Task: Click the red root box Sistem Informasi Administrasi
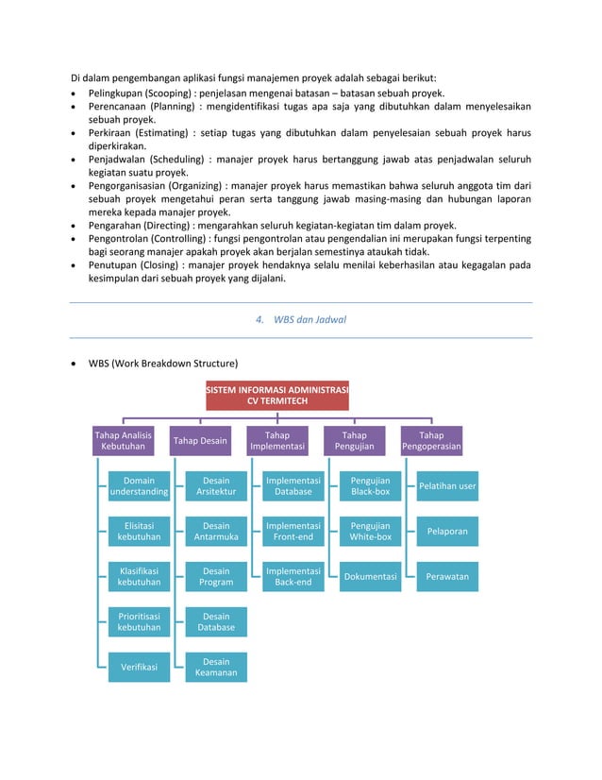pos(277,395)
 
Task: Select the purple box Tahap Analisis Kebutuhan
pos(124,440)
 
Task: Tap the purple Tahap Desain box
pos(200,440)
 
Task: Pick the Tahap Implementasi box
pos(277,440)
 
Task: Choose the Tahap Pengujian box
pos(354,440)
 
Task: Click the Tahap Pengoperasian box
pos(431,440)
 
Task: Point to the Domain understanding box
pos(139,485)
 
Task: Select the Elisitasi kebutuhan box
pos(139,531)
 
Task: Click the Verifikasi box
pos(139,667)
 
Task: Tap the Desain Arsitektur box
pos(216,485)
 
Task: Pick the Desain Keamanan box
pos(216,667)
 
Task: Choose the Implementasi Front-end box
pos(293,531)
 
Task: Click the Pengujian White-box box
pos(370,531)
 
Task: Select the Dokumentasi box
pos(370,576)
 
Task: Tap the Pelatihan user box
pos(447,485)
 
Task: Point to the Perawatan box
pos(447,576)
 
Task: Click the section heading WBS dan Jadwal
pos(301,319)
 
